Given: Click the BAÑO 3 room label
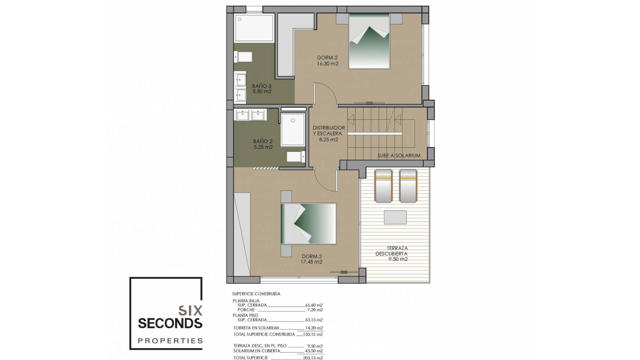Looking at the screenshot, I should [x=262, y=86].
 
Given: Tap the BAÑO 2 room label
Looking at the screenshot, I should [x=263, y=142].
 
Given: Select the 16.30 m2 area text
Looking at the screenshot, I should [x=328, y=64].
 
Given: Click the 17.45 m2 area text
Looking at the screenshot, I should [x=311, y=262].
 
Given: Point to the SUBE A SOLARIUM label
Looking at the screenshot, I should [x=399, y=156].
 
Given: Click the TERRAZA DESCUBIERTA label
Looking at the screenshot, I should [x=392, y=251].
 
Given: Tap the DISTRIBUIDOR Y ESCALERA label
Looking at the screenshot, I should [x=329, y=131].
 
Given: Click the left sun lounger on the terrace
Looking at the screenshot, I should [x=383, y=186].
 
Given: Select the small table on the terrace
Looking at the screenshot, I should [x=395, y=217].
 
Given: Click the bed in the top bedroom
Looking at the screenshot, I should [x=369, y=42].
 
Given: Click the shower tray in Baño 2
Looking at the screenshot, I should [x=293, y=130].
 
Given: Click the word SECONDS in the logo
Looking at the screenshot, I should [x=170, y=323].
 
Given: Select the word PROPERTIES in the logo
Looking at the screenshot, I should [x=170, y=341].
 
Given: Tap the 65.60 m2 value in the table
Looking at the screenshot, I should [x=314, y=305].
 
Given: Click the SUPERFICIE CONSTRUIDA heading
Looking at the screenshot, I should [x=256, y=294].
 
